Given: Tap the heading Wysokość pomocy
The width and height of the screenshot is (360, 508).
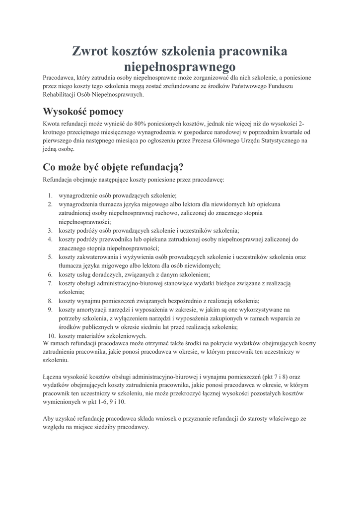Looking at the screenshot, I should pyautogui.click(x=83, y=111).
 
